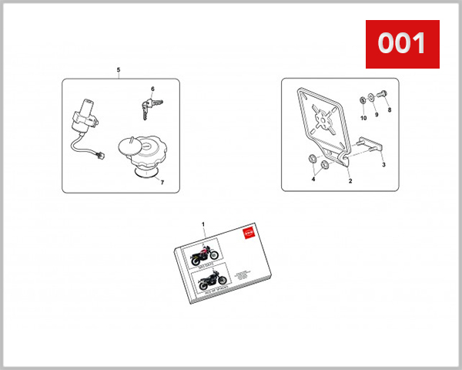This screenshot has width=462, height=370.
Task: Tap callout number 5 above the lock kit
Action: point(118,71)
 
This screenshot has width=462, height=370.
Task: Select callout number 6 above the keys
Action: point(152,89)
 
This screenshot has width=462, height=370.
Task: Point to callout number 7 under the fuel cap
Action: point(162,182)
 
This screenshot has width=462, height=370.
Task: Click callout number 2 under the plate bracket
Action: point(350,182)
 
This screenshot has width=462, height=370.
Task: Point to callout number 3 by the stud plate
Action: point(383,165)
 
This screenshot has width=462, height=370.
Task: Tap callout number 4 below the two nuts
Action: point(313,179)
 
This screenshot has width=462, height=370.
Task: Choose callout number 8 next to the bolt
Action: point(390,110)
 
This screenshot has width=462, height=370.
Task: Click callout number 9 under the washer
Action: point(377,115)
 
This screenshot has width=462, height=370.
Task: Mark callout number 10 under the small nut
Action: point(363,119)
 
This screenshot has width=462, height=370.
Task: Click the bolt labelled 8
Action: point(384,96)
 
